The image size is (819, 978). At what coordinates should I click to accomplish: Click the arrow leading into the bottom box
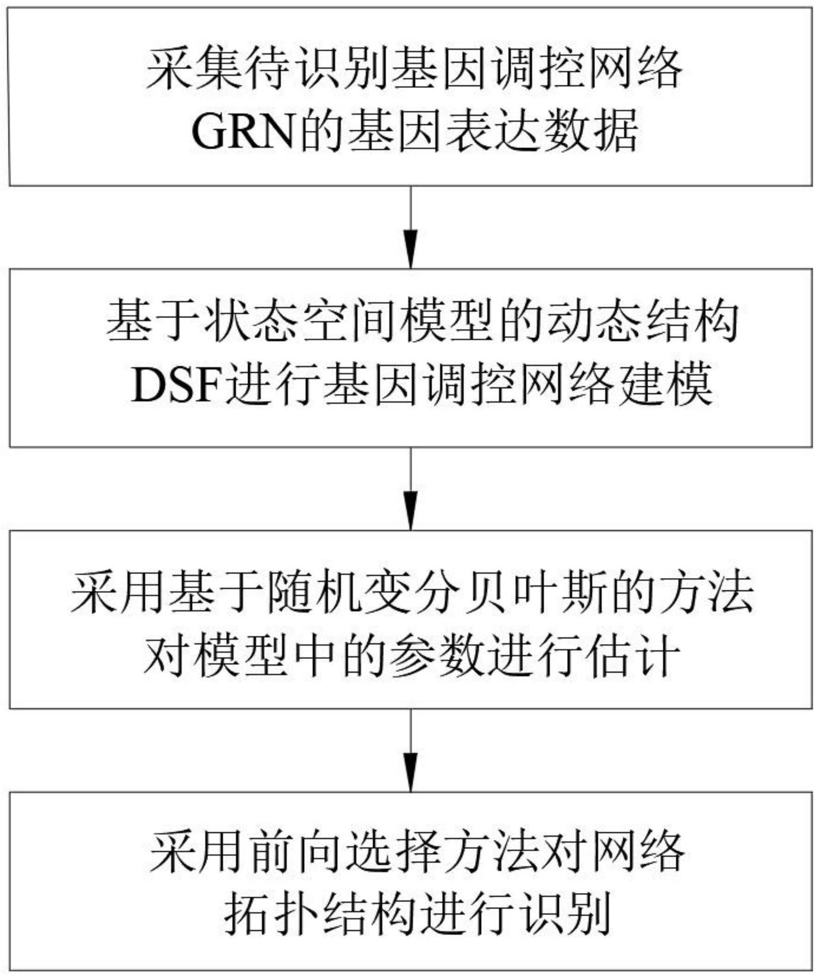pos(411,750)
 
